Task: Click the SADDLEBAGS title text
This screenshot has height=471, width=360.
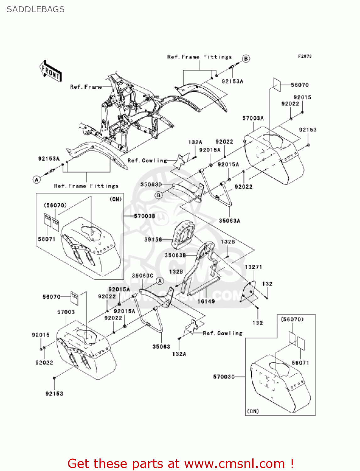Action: [35, 9]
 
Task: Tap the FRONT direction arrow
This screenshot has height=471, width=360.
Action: [51, 71]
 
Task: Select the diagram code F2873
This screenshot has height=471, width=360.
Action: [304, 56]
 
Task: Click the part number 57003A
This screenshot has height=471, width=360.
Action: [253, 118]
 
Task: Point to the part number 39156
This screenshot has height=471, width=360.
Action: [153, 240]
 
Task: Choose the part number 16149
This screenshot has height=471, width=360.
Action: [206, 301]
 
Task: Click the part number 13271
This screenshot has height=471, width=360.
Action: [253, 267]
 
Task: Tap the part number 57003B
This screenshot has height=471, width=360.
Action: [145, 216]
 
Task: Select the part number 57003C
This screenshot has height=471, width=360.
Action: [224, 376]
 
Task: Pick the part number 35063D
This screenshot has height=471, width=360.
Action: [151, 184]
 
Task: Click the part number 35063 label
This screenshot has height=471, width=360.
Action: [161, 347]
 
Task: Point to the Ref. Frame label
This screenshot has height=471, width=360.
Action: [86, 87]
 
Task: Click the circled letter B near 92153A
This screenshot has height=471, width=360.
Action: [246, 59]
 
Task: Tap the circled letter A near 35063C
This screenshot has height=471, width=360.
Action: [160, 281]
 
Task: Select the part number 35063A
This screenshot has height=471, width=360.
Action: [229, 221]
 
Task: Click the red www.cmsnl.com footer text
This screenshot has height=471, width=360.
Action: [180, 463]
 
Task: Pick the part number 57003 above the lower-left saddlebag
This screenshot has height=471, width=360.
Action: [66, 312]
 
